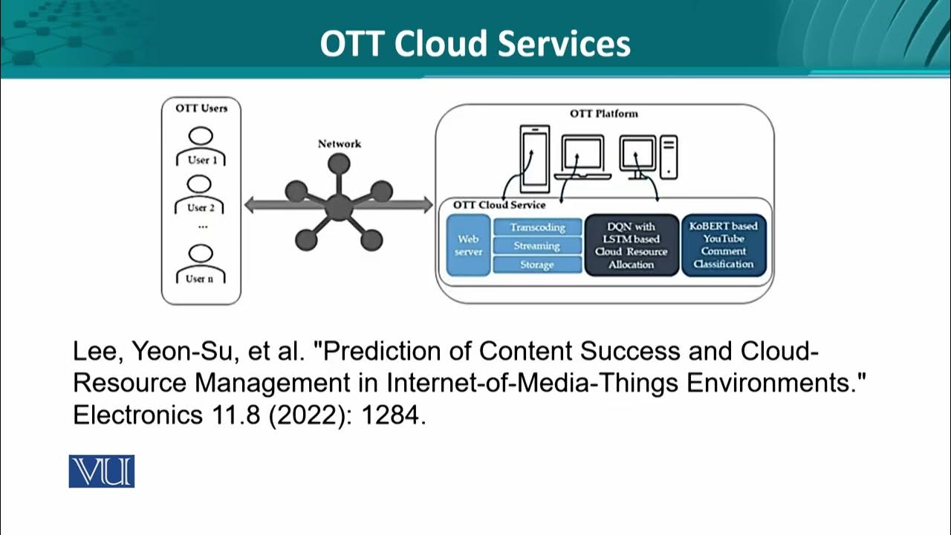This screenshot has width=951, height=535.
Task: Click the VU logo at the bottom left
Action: pos(102,471)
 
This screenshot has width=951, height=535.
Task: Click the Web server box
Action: pos(468,245)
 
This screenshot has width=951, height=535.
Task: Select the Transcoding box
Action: pos(537,227)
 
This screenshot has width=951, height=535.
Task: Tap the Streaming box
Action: pos(537,246)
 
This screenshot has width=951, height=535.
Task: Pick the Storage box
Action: pos(537,265)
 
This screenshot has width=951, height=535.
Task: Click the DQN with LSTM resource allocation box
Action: pos(631,245)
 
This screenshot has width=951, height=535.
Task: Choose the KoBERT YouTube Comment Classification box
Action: pos(723,245)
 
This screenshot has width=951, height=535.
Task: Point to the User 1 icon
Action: pos(201,147)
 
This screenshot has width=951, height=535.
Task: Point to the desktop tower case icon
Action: pos(669,157)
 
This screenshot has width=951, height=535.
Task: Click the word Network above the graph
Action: pos(339,143)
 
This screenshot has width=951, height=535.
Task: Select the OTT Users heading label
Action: pos(201,108)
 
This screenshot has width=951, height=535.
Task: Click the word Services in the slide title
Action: pos(564,44)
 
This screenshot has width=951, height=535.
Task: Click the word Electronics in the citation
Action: pos(134,416)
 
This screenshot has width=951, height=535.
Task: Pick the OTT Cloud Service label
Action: pos(499,205)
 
